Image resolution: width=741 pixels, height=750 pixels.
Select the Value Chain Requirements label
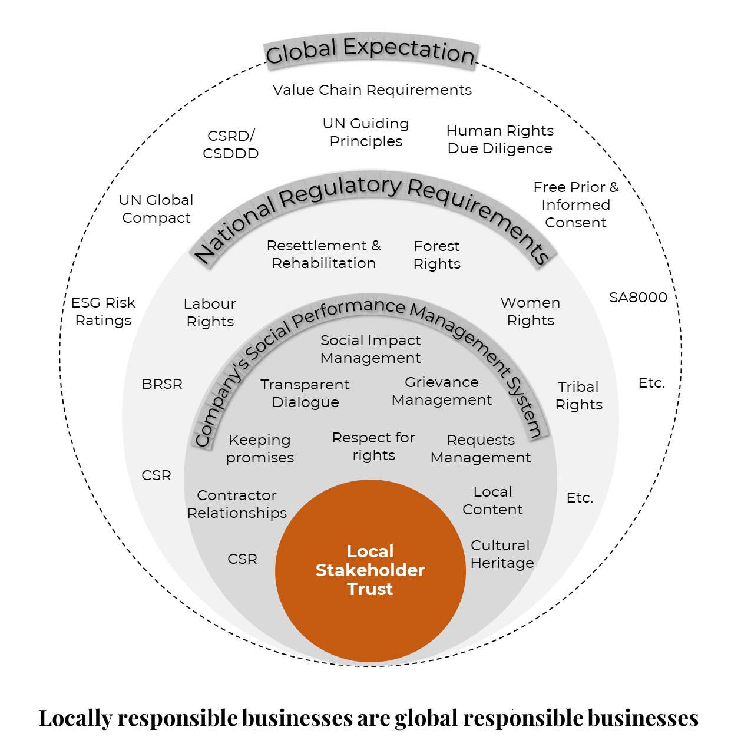(x=372, y=90)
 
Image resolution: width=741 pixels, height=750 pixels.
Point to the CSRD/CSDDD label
(x=231, y=144)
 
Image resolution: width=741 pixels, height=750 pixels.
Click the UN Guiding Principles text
(x=366, y=133)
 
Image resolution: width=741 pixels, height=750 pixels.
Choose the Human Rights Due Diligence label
(x=500, y=140)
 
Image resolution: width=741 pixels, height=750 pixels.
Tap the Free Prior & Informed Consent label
(x=575, y=204)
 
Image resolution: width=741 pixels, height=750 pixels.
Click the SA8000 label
(x=638, y=298)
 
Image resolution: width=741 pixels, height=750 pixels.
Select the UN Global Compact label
(x=156, y=209)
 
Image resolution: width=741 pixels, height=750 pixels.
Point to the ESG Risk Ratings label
(x=103, y=312)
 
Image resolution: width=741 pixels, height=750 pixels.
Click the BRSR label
(x=162, y=384)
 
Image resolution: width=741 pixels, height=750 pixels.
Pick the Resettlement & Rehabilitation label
(x=323, y=255)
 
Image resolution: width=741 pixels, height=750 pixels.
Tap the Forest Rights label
(x=436, y=255)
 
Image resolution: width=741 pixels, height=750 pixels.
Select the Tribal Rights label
(x=578, y=396)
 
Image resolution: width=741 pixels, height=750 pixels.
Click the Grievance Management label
(x=442, y=391)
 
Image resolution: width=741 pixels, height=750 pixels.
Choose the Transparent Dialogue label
(x=305, y=394)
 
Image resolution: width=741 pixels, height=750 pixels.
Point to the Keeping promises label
(x=260, y=449)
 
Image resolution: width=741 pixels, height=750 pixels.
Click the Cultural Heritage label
(x=502, y=554)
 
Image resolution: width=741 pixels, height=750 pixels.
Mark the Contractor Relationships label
(x=237, y=504)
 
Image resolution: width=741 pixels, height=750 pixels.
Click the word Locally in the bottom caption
(x=75, y=718)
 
